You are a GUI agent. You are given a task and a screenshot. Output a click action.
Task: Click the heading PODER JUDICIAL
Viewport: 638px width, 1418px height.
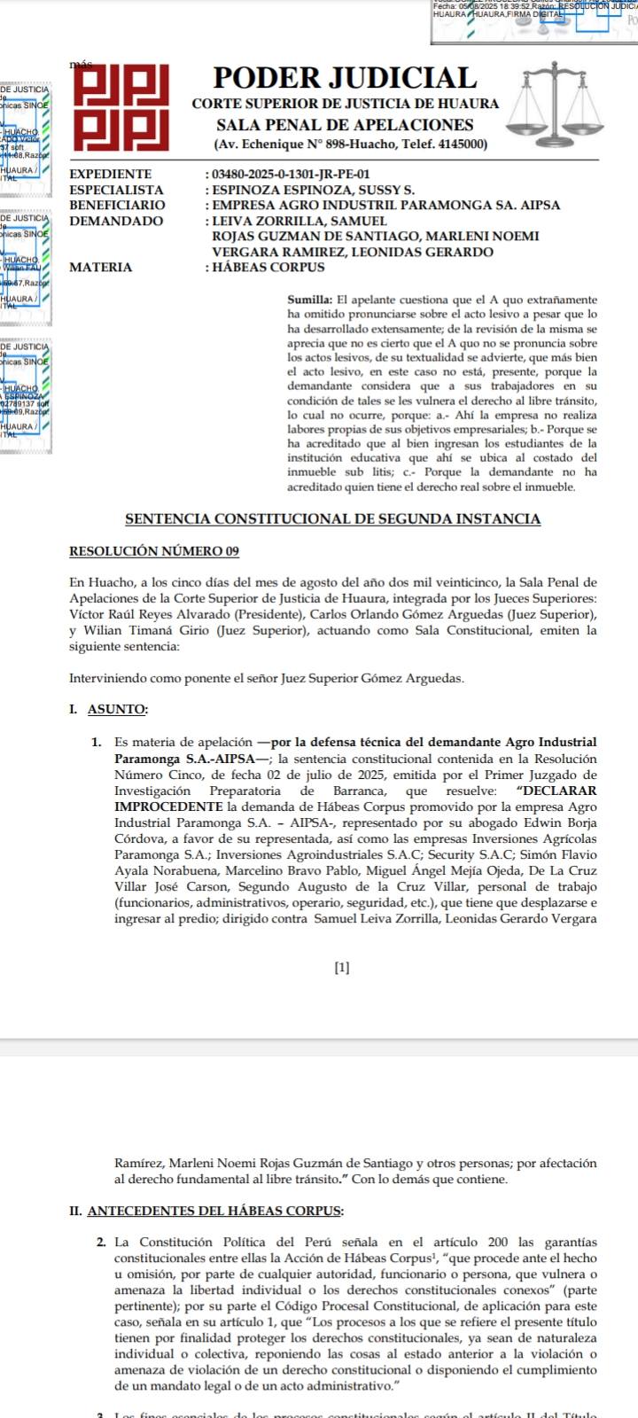pyautogui.click(x=345, y=78)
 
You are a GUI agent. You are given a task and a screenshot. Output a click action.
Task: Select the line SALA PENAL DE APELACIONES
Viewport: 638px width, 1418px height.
pyautogui.click(x=345, y=125)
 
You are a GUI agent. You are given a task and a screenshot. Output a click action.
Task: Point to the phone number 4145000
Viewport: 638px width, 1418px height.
pyautogui.click(x=457, y=144)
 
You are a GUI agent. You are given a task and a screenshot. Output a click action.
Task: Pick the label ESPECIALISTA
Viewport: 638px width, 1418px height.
pyautogui.click(x=116, y=190)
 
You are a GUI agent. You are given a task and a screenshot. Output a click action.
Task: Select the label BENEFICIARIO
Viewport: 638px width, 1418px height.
pyautogui.click(x=117, y=206)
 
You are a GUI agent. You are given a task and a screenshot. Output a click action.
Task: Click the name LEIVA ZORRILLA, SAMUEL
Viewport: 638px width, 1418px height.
pyautogui.click(x=300, y=221)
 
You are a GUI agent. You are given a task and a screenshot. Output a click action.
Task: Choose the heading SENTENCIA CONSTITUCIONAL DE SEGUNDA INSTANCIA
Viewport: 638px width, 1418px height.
pyautogui.click(x=332, y=519)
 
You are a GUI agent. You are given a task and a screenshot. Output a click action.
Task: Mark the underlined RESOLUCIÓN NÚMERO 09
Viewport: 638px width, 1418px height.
pyautogui.click(x=154, y=551)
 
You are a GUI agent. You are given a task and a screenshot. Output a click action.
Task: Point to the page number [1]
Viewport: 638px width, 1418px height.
pyautogui.click(x=342, y=968)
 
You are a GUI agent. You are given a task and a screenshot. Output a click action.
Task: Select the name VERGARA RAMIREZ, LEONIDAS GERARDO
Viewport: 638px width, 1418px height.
pyautogui.click(x=353, y=252)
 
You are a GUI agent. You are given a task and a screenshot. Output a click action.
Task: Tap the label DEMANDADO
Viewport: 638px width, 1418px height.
pyautogui.click(x=116, y=221)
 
